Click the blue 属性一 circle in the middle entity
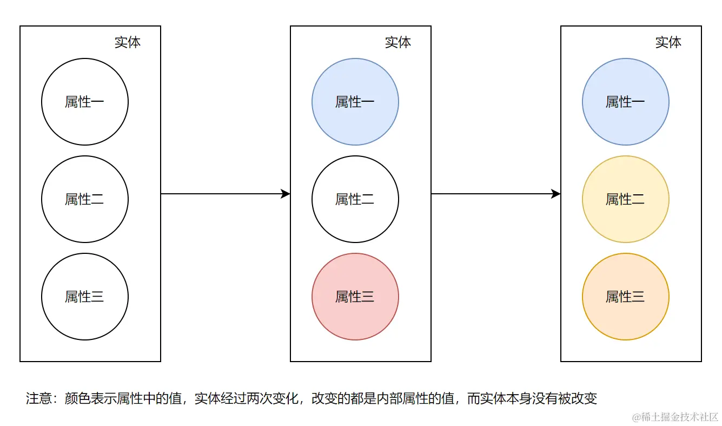point(355,102)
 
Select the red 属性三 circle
point(355,297)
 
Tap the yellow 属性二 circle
point(626,199)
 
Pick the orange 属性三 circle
point(626,297)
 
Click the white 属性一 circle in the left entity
point(85,102)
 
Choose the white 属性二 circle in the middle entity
point(355,199)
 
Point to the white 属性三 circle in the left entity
point(85,297)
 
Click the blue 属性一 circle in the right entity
point(626,102)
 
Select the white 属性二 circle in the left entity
point(85,199)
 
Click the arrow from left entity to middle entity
point(226,194)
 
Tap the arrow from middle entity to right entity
point(496,194)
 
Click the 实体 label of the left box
point(128,43)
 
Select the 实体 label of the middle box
point(398,43)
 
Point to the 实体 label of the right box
point(668,43)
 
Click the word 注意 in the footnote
point(39,399)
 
